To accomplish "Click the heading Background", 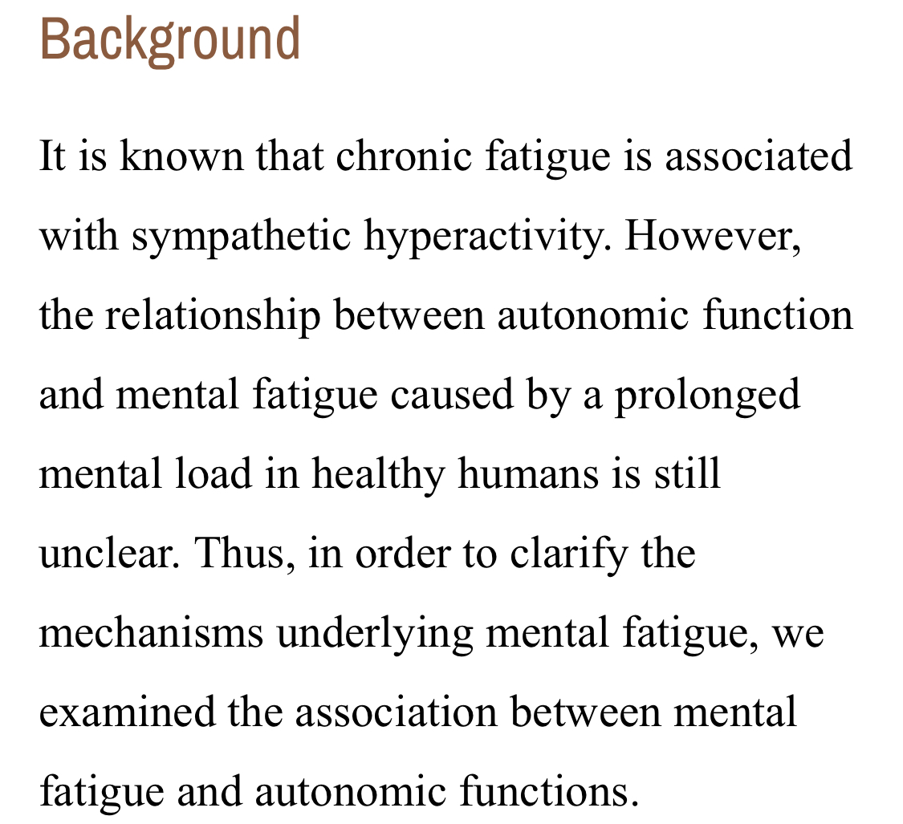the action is pos(170,40).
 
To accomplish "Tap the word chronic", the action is pos(403,156).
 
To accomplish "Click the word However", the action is pos(713,236).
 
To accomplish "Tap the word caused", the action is pos(451,395).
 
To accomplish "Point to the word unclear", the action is pos(109,554).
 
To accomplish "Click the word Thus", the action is pos(245,554).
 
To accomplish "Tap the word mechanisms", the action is pos(152,633).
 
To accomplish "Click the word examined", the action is pos(128,712).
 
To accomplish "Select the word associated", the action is pos(759,156).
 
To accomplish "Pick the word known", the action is pos(181,156).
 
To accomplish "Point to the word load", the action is pos(214,474).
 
